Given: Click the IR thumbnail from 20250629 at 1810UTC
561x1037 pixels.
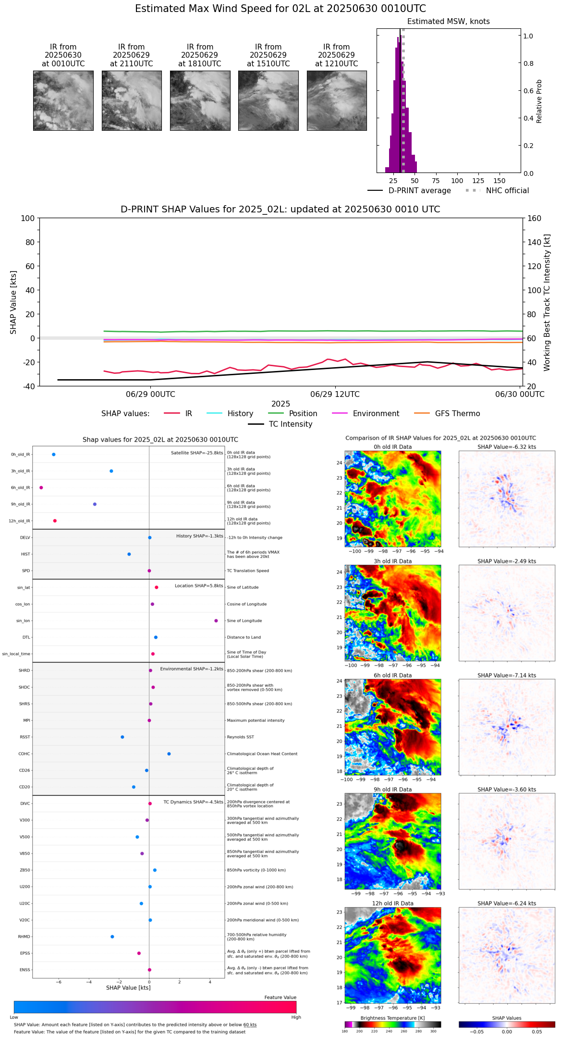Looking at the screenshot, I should [200, 100].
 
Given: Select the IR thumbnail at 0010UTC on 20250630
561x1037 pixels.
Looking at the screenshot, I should [63, 100].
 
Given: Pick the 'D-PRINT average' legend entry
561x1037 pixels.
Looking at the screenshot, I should [419, 191].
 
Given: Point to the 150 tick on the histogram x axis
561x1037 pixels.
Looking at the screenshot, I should [500, 181].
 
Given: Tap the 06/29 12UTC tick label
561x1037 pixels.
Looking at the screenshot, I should [335, 395].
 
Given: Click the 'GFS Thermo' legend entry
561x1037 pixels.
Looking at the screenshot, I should [457, 414].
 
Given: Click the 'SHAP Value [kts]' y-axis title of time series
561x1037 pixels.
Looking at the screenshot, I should [13, 302].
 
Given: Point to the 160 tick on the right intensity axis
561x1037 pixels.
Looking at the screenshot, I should [534, 219].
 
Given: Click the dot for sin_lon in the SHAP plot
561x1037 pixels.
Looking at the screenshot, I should [216, 621].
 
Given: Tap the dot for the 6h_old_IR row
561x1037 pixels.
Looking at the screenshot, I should [41, 488].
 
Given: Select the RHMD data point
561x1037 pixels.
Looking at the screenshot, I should [112, 937].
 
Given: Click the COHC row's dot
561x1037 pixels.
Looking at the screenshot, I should [169, 754].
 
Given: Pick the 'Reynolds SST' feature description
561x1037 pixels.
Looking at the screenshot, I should [240, 737].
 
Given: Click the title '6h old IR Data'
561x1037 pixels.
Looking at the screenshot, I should [392, 676].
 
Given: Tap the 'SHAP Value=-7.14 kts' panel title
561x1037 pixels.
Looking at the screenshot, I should [507, 676].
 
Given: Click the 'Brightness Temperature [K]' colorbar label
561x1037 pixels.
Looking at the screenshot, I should [392, 1018].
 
